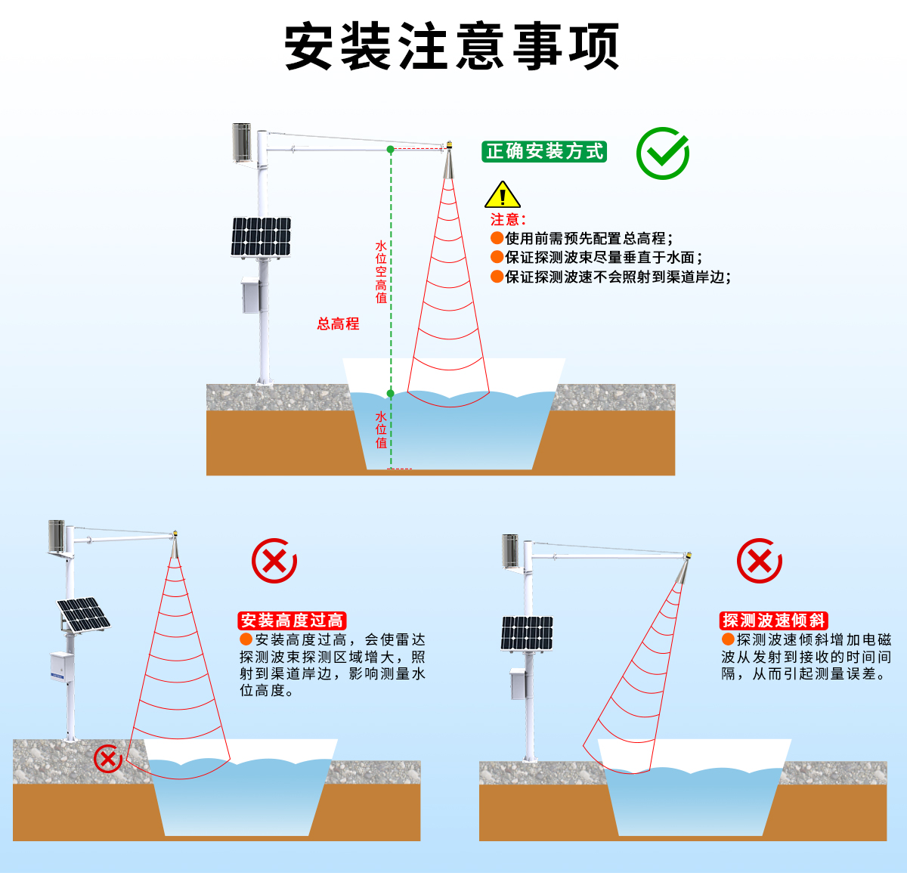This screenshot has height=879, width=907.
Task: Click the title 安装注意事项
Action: (x=452, y=47)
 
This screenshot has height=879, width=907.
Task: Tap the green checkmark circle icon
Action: (x=662, y=153)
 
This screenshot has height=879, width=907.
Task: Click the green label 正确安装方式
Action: (x=544, y=152)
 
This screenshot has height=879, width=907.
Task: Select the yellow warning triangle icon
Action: (x=502, y=196)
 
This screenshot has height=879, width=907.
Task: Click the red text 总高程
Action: (x=338, y=324)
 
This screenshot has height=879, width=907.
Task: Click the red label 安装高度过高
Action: (x=292, y=621)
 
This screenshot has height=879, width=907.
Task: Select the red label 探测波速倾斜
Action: (x=773, y=621)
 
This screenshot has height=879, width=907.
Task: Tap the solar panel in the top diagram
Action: (x=262, y=237)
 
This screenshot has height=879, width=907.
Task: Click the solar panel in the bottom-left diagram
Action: (x=83, y=614)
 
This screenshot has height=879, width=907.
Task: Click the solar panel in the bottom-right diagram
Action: (x=527, y=633)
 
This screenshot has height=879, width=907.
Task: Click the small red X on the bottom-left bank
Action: (x=107, y=757)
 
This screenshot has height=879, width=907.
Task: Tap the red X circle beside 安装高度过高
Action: (x=274, y=561)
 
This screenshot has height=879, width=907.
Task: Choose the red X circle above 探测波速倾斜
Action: (x=759, y=561)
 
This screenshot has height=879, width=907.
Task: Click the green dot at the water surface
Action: (x=391, y=394)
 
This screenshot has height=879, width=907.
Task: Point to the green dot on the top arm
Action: (x=391, y=149)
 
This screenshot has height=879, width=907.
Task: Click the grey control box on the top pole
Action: (x=250, y=296)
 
